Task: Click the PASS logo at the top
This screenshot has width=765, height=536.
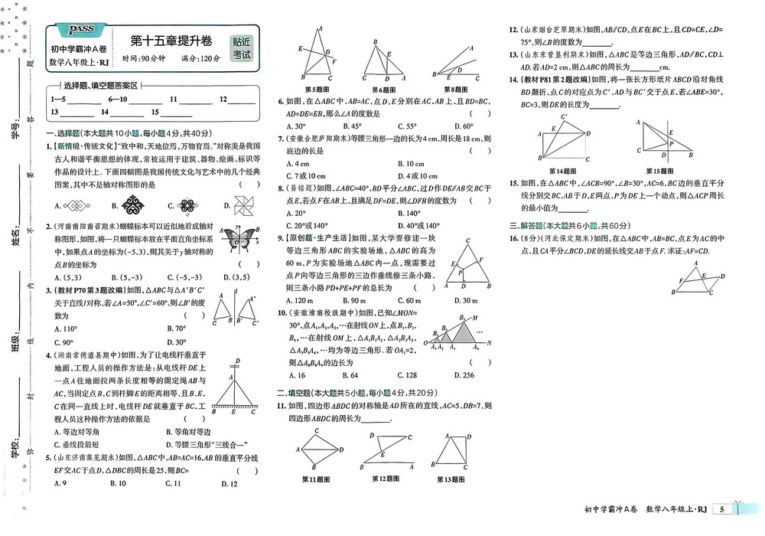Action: click(x=81, y=30)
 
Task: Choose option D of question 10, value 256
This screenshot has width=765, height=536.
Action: click(x=464, y=375)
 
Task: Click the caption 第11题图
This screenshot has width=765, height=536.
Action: click(x=316, y=479)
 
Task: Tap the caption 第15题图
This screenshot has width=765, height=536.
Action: click(x=659, y=170)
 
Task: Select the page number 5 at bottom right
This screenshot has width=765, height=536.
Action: click(x=721, y=509)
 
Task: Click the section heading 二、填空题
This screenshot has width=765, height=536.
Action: click(x=304, y=391)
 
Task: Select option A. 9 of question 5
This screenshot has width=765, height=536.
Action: click(x=61, y=483)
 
